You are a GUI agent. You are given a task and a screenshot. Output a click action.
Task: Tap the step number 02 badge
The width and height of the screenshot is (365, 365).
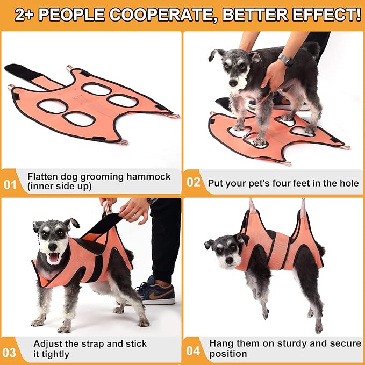tap(194, 182)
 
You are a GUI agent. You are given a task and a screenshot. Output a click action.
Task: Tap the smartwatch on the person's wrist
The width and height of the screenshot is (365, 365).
tap(285, 60)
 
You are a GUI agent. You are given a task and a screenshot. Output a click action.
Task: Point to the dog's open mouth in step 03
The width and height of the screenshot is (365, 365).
tap(54, 257)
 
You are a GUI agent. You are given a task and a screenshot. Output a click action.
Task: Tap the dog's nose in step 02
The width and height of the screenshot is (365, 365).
tap(232, 83)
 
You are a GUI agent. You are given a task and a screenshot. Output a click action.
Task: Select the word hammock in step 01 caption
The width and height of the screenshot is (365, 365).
tap(145, 176)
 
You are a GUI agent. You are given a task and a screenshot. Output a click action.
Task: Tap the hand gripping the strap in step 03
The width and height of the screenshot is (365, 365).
tap(132, 209)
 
